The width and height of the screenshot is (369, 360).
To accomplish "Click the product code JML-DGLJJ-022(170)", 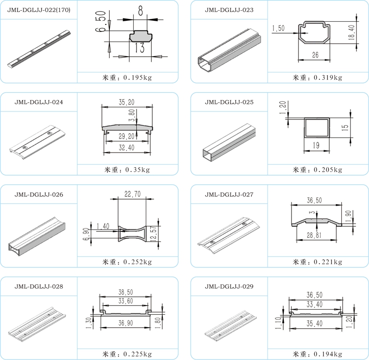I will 39,10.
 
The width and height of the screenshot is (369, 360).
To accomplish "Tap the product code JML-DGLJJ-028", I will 39,286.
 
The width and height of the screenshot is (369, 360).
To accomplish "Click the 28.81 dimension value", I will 315,236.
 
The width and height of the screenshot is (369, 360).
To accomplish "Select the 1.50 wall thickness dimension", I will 279,28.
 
